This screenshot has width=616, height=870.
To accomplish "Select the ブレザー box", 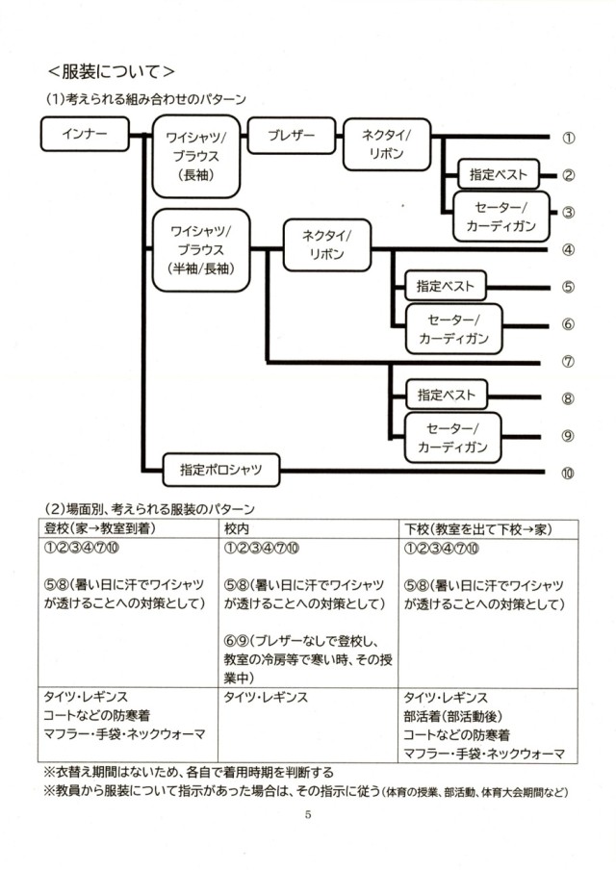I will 292,136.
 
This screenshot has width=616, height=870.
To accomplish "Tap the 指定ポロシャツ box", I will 222,471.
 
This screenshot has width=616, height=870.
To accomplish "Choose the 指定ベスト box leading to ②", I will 499,175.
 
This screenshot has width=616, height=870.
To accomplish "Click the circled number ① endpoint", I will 568,138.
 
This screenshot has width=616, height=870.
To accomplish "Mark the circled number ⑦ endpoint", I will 568,362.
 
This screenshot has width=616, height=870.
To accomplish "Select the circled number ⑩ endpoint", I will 568,472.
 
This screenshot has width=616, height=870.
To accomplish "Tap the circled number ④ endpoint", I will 568,250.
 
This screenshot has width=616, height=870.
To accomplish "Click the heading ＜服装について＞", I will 111,71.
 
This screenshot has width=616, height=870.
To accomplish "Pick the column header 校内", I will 237,528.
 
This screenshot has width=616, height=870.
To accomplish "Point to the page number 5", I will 308,815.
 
